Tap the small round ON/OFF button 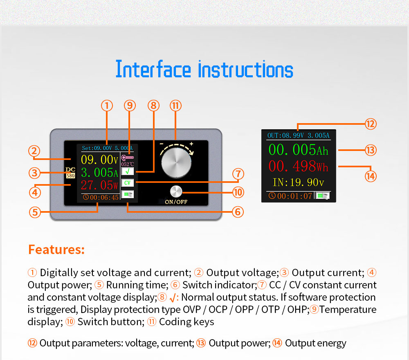[x=176, y=192]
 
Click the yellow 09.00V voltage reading [x=99, y=160]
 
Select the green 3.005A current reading [x=99, y=173]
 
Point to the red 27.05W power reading [x=99, y=185]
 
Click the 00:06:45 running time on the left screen [x=101, y=198]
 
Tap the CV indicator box [x=128, y=182]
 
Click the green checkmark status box [x=128, y=171]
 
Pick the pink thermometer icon [x=128, y=157]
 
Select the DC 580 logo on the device [x=70, y=173]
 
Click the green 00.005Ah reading [x=298, y=150]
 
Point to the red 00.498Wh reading [x=298, y=166]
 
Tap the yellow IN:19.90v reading [x=299, y=182]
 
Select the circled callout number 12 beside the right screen [x=371, y=124]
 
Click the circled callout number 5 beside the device [x=35, y=212]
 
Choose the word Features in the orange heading [x=56, y=250]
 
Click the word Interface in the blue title [x=153, y=69]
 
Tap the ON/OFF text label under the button [x=176, y=202]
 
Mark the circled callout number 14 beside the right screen [x=371, y=176]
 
